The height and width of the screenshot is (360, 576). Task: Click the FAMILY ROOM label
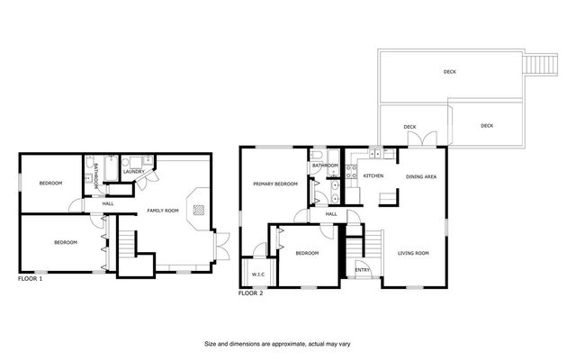[x=164, y=211]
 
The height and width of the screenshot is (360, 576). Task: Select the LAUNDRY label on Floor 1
[x=136, y=175]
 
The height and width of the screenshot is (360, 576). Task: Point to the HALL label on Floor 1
[x=108, y=203]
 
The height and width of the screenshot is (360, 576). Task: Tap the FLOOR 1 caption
[x=31, y=279]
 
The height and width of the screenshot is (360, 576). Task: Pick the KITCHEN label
[x=373, y=175]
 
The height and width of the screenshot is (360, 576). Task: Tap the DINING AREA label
[x=420, y=177]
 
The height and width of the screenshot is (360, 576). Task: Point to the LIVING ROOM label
[x=414, y=253]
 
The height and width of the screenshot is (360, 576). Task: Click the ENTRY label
[x=363, y=270]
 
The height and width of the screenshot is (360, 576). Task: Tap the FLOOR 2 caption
[x=250, y=293]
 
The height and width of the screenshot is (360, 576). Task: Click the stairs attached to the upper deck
[x=538, y=66]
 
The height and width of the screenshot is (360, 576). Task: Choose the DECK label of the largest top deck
[x=449, y=72]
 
